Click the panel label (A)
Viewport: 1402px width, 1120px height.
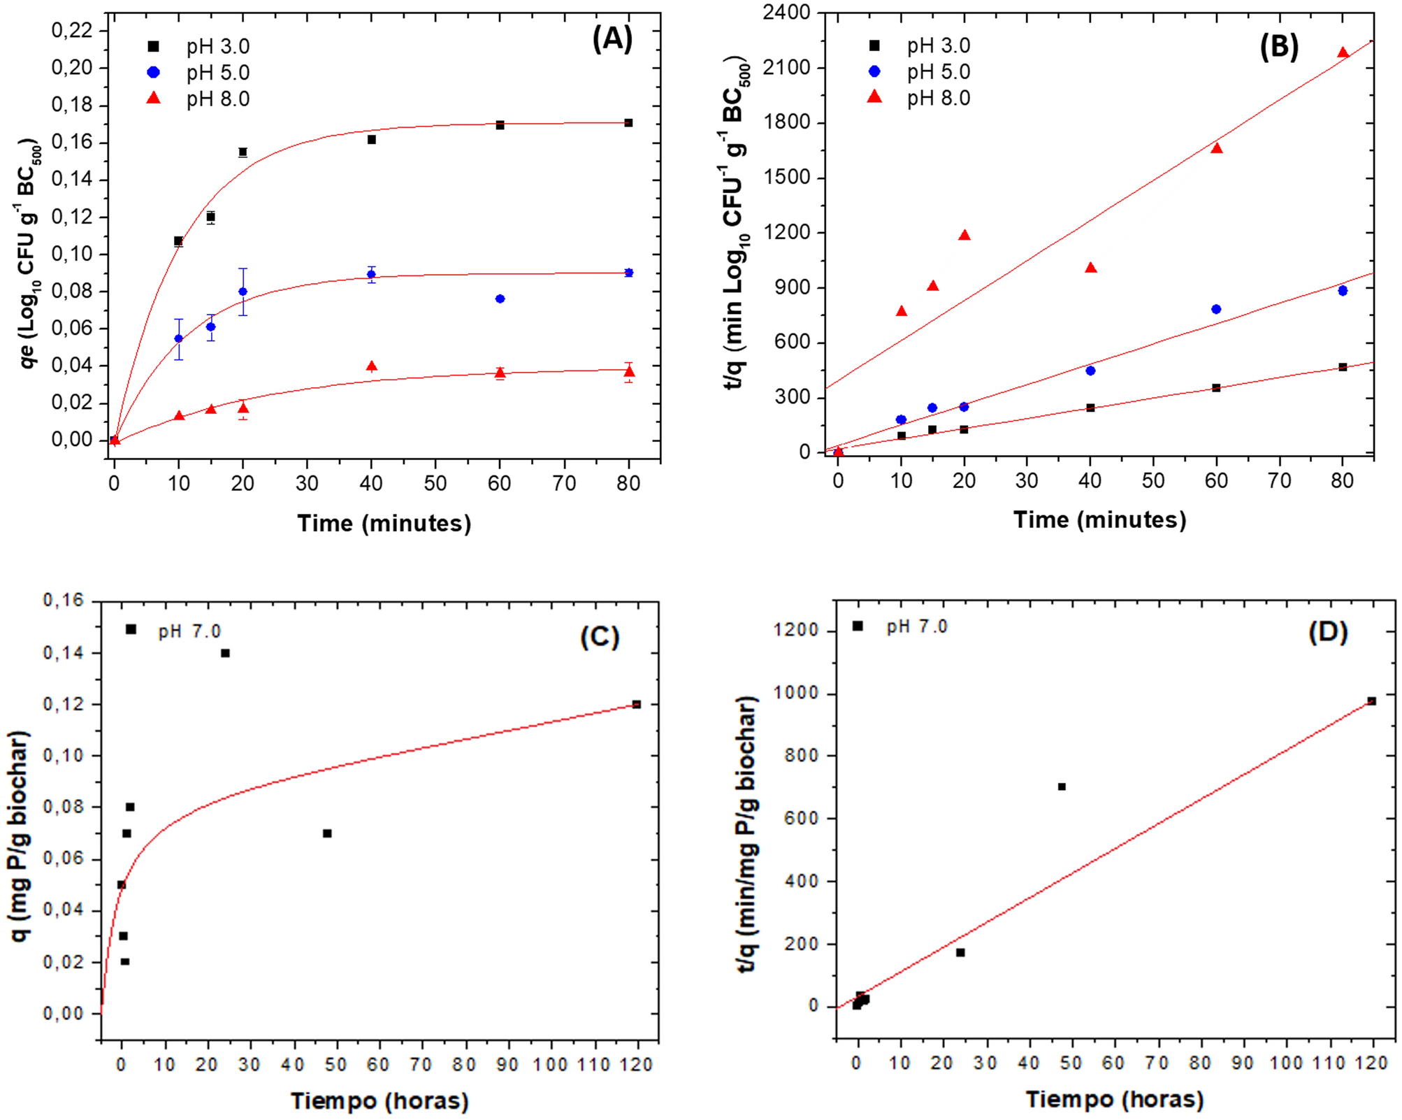612,38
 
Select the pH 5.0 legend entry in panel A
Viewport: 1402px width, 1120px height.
217,73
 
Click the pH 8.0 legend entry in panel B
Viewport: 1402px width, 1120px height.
938,99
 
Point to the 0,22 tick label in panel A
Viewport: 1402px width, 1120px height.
72,30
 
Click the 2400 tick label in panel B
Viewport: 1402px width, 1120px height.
787,13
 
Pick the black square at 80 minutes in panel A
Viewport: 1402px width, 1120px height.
628,123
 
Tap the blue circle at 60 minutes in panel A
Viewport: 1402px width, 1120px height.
500,299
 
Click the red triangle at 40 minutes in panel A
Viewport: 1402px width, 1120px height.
372,366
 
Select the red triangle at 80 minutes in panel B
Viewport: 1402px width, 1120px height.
1343,53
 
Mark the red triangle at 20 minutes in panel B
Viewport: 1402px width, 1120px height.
964,236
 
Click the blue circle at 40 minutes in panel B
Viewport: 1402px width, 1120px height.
1090,371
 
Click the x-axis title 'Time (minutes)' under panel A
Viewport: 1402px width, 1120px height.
384,523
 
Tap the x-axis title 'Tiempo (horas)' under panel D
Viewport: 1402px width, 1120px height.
1114,1099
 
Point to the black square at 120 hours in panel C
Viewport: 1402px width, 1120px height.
637,704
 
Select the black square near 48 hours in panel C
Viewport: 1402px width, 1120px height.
327,833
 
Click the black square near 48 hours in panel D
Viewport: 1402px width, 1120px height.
1062,787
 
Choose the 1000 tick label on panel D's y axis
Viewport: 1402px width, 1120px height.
796,693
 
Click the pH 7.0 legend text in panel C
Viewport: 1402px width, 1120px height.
189,631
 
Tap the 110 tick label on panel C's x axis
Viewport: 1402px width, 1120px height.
595,1064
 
